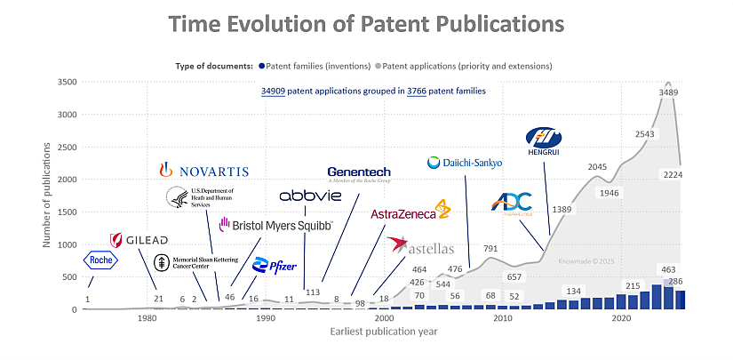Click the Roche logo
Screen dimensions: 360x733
point(100,260)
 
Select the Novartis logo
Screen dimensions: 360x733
point(203,170)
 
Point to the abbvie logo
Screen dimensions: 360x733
point(309,196)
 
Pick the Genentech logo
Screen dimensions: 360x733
point(359,173)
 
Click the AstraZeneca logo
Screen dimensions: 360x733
point(410,213)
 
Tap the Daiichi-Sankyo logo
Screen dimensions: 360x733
point(465,163)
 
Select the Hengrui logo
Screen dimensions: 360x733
point(544,140)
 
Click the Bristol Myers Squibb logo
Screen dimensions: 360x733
point(275,225)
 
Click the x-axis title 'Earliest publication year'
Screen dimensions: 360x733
point(384,332)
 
